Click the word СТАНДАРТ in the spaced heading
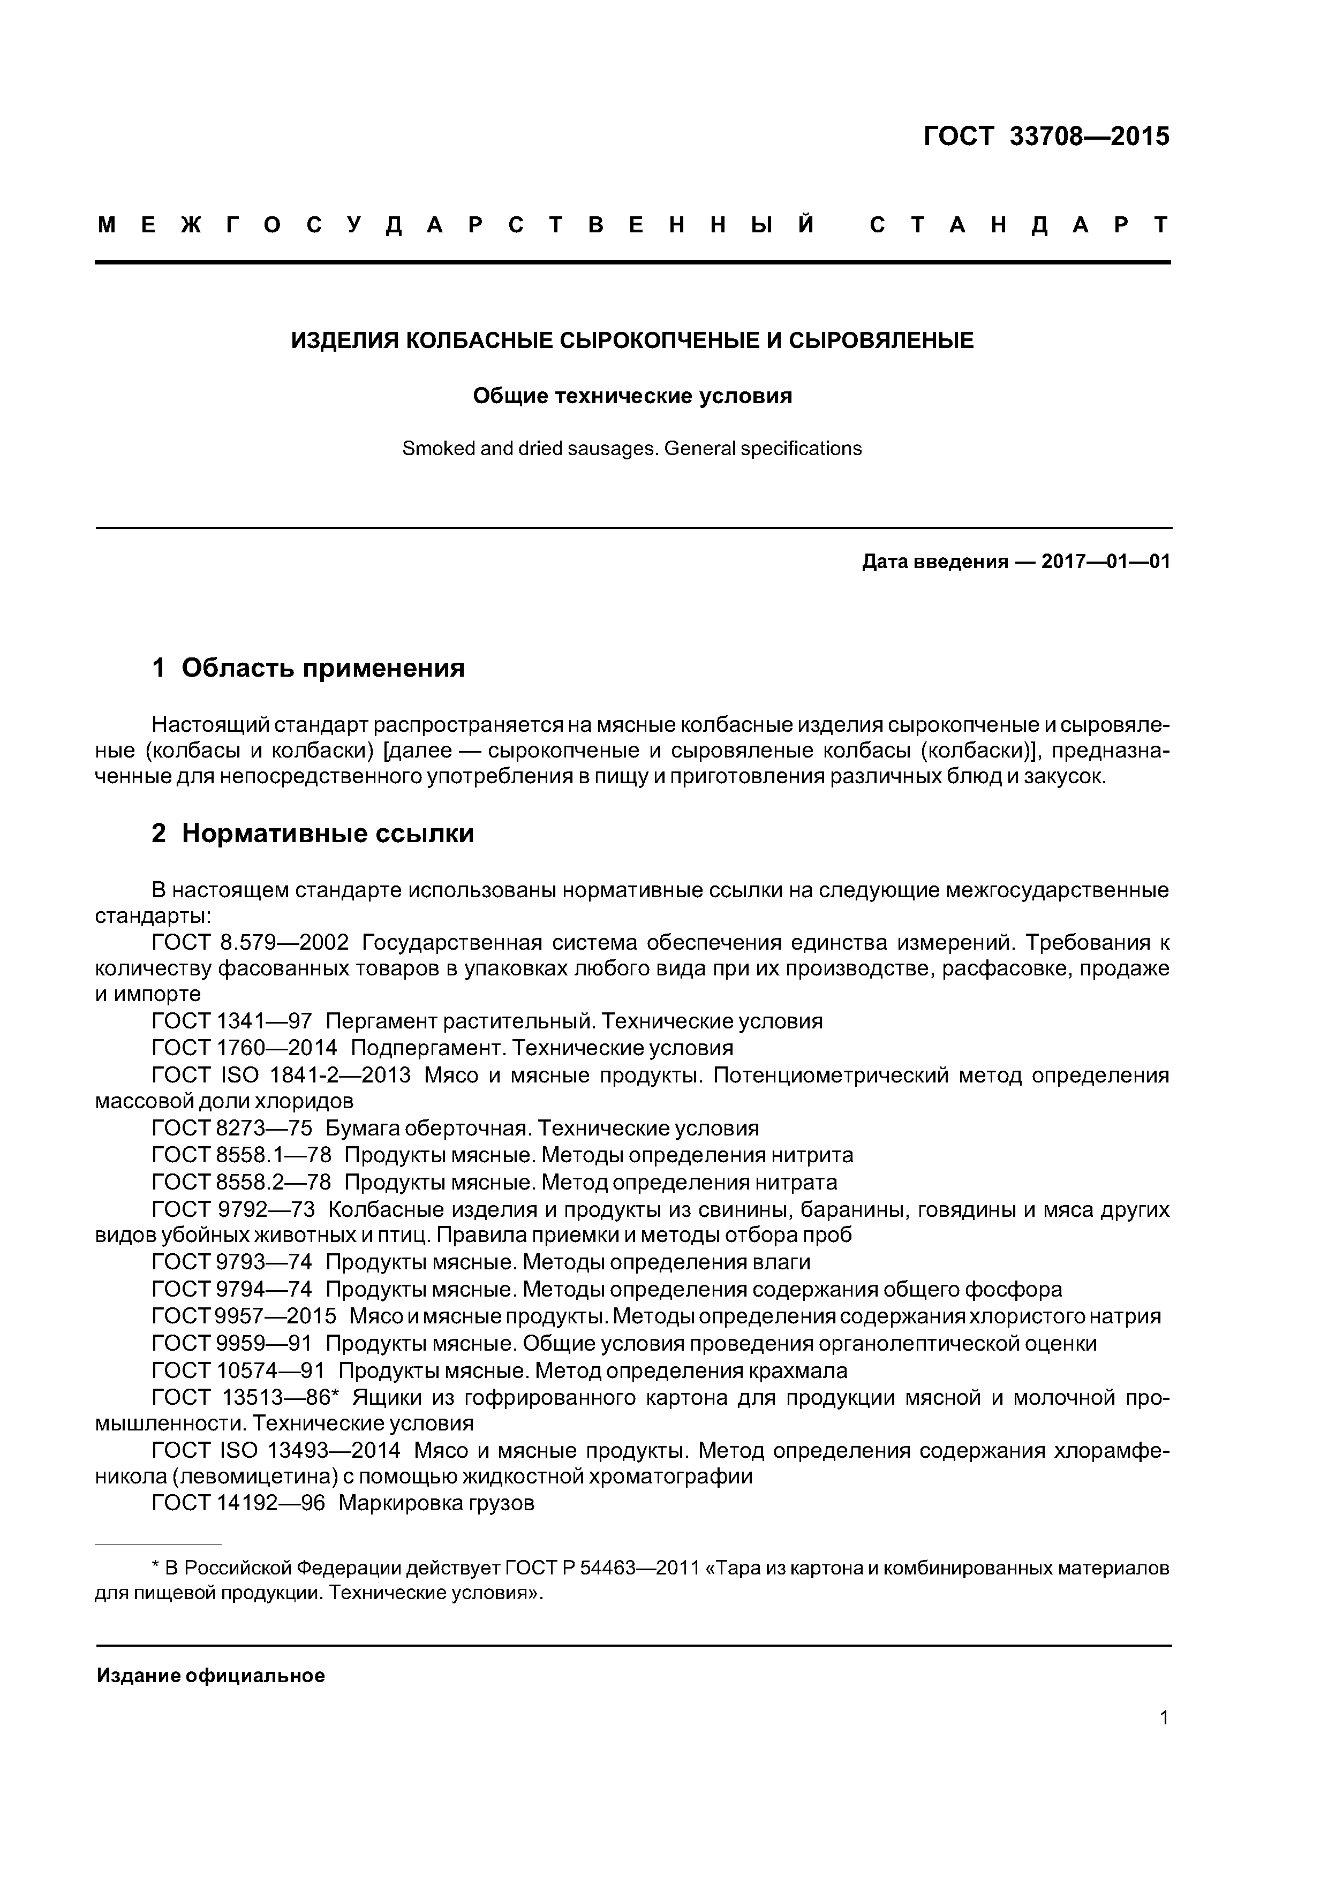[x=1018, y=225]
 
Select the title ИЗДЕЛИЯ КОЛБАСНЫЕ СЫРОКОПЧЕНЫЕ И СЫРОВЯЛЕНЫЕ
[x=632, y=340]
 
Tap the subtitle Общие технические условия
[x=632, y=397]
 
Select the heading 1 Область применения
[x=308, y=668]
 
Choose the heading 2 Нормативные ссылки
[x=313, y=834]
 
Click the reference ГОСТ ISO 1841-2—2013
[x=282, y=1076]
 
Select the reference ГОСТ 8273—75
[x=232, y=1129]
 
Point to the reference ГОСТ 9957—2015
[x=244, y=1316]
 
